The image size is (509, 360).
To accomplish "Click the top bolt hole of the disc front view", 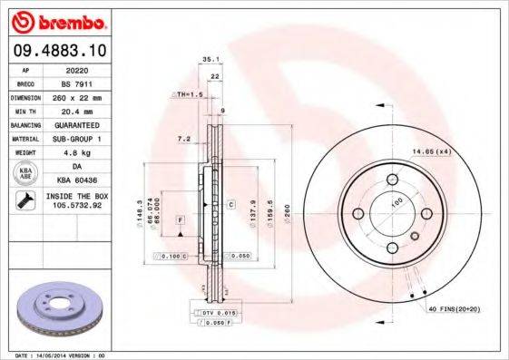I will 392,179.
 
